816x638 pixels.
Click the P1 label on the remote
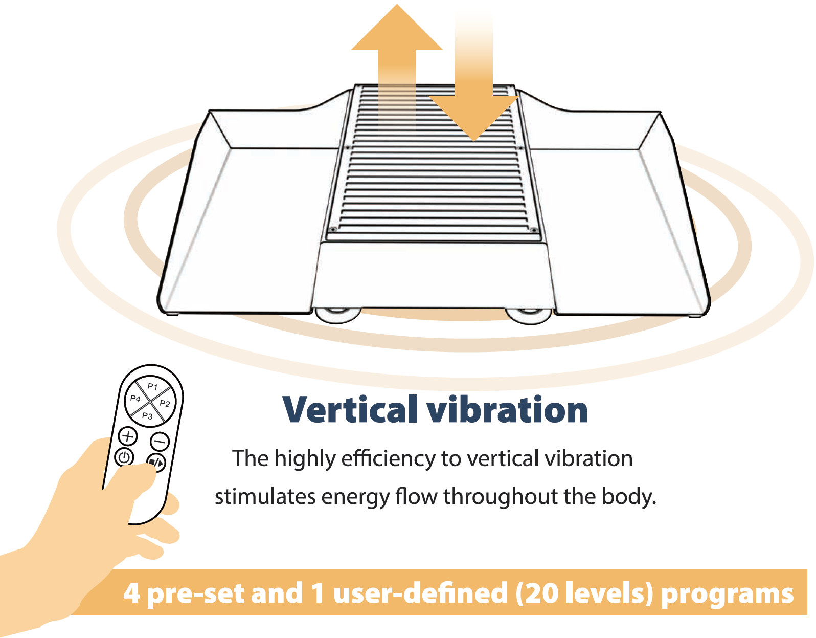pos(152,386)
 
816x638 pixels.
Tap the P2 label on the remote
pos(165,404)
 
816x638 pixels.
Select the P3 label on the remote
pos(148,416)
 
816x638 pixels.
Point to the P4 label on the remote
pos(135,398)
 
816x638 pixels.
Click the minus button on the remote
pos(160,441)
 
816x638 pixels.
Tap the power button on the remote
pos(124,457)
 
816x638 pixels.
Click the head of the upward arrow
pos(397,28)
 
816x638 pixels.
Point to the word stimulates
pos(265,496)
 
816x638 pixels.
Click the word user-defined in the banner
pos(421,592)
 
